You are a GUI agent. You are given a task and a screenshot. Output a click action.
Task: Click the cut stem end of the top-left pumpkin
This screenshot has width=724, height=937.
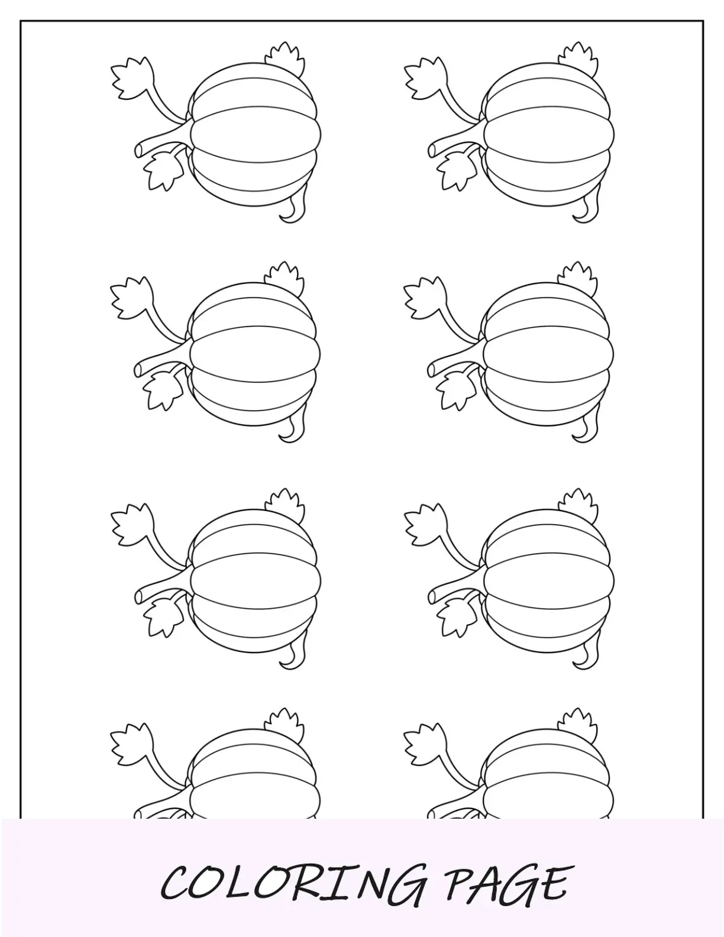tap(138, 150)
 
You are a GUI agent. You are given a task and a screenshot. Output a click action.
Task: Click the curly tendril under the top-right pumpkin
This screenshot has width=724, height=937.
tap(587, 209)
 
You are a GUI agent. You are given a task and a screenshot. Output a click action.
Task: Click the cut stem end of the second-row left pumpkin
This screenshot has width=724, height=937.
tap(138, 370)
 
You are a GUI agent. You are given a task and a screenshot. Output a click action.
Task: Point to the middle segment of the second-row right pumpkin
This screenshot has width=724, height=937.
tap(548, 354)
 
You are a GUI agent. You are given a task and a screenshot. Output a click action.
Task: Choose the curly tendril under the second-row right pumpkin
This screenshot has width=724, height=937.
tap(587, 429)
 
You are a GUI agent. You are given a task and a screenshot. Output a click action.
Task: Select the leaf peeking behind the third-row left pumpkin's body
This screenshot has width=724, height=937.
tap(285, 505)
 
